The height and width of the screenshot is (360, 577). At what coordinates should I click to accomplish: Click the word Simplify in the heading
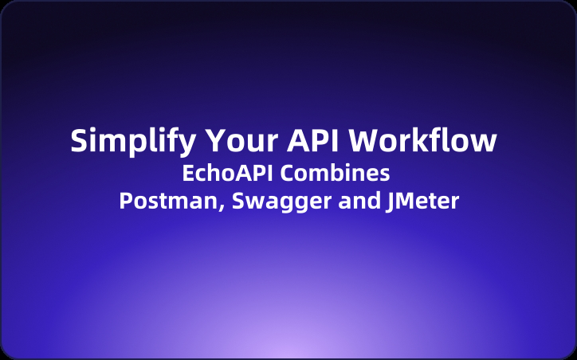[132, 141]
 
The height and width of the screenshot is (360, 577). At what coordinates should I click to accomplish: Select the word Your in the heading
[241, 140]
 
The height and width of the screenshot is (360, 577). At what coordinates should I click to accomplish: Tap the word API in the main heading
[312, 140]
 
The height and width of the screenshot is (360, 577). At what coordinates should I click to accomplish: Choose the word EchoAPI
[227, 173]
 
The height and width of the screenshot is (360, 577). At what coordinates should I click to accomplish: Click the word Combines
[336, 173]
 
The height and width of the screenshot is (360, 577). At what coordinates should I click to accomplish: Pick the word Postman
[169, 201]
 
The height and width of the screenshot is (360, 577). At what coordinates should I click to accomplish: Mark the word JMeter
[422, 202]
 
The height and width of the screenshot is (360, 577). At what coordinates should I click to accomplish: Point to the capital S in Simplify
[79, 140]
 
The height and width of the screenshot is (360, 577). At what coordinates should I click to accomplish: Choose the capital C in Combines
[288, 173]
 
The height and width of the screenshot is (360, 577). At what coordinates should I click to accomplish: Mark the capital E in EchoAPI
[188, 173]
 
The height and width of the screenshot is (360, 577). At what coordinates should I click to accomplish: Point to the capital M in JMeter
[404, 202]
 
